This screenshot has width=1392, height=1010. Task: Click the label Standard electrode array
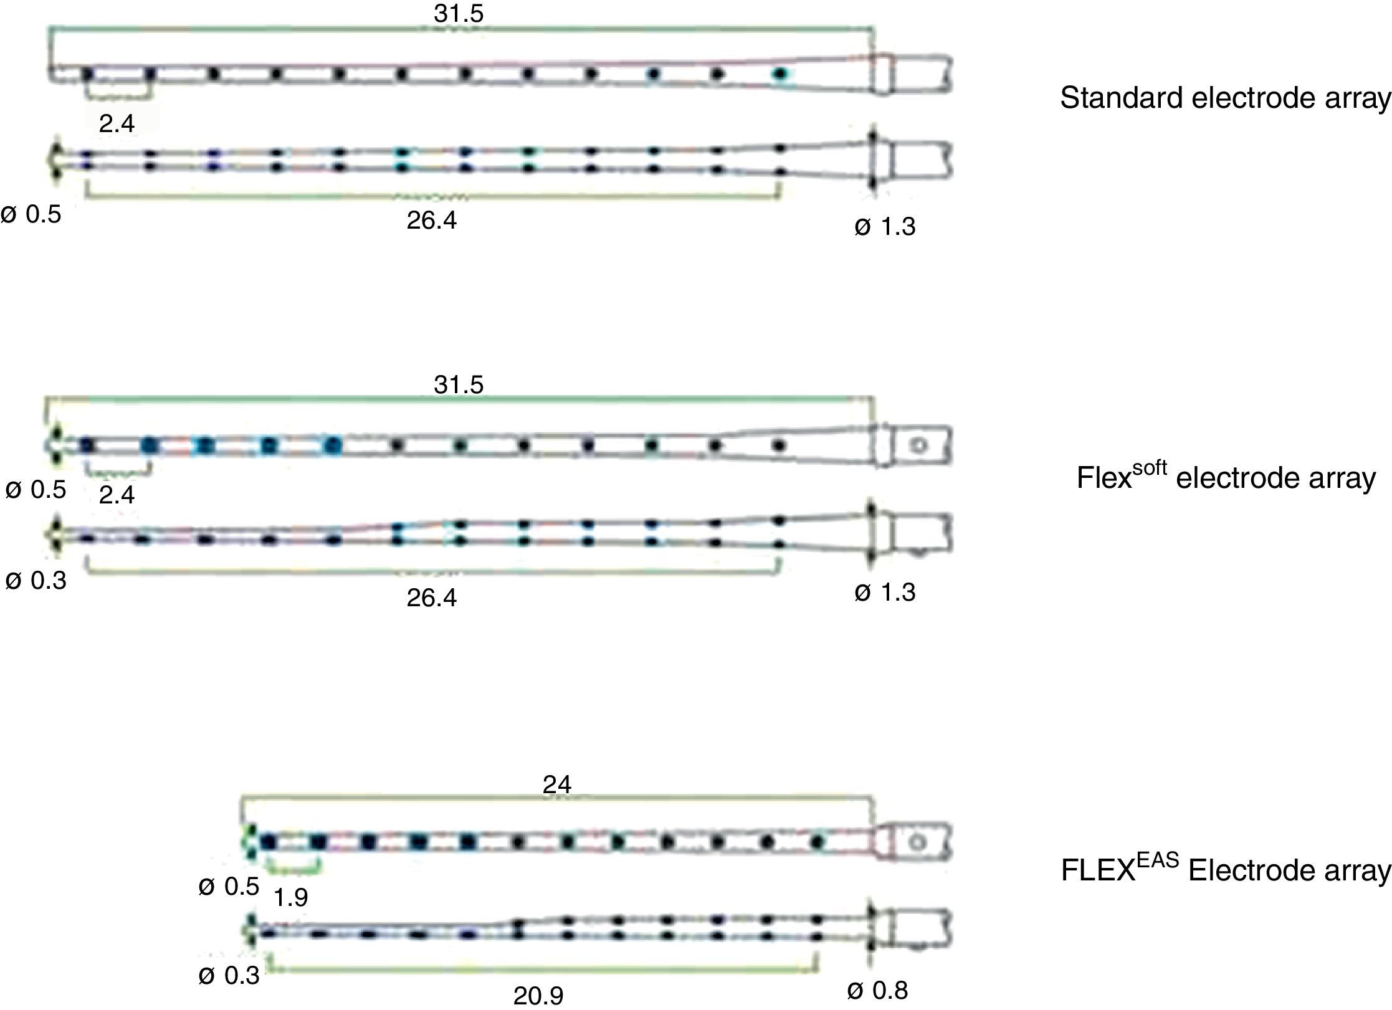[x=1225, y=98]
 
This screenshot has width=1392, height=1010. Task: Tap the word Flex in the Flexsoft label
[x=1104, y=479]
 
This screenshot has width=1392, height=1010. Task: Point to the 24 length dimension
[x=556, y=785]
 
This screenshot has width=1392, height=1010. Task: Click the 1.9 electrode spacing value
[x=291, y=897]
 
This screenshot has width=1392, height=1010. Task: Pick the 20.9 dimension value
[x=538, y=996]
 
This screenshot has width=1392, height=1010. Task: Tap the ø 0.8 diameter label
[x=877, y=990]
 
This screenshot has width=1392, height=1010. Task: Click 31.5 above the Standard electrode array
[x=459, y=14]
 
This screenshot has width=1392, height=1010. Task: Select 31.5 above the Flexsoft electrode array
[x=459, y=384]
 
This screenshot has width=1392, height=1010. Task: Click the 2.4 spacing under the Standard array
[x=117, y=124]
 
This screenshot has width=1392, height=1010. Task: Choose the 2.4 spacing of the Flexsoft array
[x=117, y=495]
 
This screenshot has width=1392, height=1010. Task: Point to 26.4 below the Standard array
[x=431, y=220]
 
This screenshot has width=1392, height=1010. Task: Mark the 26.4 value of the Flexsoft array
[x=431, y=598]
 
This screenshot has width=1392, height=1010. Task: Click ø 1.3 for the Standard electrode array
[x=885, y=227]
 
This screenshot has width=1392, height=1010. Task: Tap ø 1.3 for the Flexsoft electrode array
[x=885, y=593]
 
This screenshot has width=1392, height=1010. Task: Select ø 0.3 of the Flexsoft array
[x=36, y=581]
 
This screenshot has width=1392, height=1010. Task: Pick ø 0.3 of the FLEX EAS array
[x=229, y=975]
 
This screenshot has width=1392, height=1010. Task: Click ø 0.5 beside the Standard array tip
[x=31, y=215]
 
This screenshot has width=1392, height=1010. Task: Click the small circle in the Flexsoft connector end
[x=918, y=445]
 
